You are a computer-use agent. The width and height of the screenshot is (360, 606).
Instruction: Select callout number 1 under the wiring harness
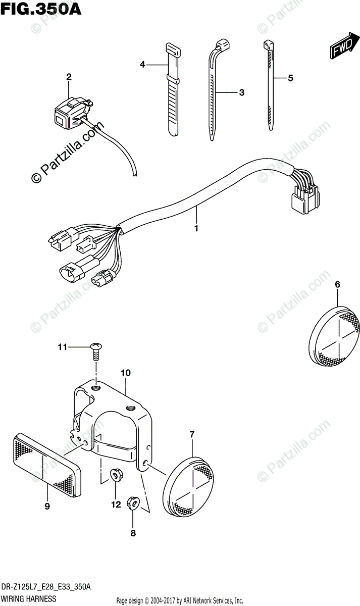click(x=196, y=228)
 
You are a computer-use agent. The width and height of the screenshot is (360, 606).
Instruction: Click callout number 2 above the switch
click(x=69, y=77)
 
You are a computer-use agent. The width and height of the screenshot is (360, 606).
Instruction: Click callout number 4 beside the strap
click(x=142, y=64)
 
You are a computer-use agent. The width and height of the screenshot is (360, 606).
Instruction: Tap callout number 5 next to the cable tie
click(x=290, y=78)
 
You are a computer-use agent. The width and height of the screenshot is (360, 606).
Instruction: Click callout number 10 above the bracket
click(x=126, y=373)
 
